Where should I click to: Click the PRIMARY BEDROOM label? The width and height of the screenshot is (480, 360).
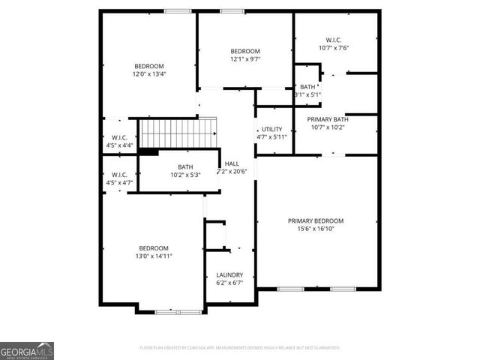coord(316,220)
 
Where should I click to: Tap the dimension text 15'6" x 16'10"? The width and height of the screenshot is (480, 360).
coord(316,229)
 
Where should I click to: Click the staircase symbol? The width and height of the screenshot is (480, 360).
coord(178,133)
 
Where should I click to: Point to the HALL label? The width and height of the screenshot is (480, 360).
coord(232,163)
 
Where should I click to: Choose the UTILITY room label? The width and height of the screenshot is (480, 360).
coord(271,129)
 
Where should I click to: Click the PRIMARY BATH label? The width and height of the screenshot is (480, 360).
coord(328,118)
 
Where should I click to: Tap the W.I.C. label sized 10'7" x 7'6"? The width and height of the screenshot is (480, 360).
coord(333,39)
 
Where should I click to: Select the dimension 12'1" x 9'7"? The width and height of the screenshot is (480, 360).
coord(244,58)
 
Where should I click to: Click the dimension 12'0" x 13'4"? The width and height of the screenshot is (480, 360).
coord(149,73)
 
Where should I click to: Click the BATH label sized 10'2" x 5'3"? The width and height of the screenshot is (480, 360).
coord(185,167)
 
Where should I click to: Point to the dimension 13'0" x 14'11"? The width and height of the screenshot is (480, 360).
coord(153,256)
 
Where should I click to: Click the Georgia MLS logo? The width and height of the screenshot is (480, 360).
coord(27,351)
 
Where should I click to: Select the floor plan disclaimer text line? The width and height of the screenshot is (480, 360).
coord(240,348)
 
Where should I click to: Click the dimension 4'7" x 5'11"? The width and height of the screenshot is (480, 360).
coord(271,137)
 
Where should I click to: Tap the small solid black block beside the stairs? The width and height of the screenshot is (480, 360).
coord(148,151)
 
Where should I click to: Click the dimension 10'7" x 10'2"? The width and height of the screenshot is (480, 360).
coord(328,127)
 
